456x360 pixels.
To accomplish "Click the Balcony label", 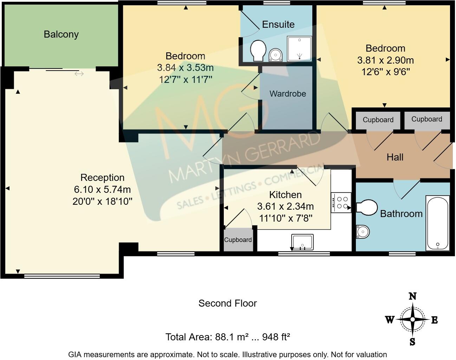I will (x=61, y=34).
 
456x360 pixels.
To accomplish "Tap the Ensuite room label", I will (x=278, y=24).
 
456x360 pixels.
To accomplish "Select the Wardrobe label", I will (x=287, y=94).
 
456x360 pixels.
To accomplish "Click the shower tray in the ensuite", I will (x=300, y=48).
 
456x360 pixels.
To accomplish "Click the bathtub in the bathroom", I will (x=437, y=223).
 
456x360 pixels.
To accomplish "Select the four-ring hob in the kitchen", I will (x=341, y=203).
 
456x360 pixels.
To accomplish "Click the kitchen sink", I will (x=302, y=242).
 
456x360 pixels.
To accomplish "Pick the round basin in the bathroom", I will (x=362, y=231).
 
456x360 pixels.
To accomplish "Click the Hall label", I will (x=395, y=157).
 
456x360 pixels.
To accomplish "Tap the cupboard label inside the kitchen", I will (x=238, y=240).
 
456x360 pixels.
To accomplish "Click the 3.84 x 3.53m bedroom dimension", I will (x=185, y=68).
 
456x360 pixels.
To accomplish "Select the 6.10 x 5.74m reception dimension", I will (x=102, y=190).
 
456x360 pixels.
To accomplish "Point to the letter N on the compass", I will (x=412, y=296).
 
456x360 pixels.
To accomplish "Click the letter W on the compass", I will (x=390, y=320).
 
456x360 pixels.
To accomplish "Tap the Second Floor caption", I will (x=228, y=303).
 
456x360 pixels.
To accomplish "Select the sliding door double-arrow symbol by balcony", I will (x=79, y=74).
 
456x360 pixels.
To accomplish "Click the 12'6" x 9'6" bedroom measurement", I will (x=385, y=72).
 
